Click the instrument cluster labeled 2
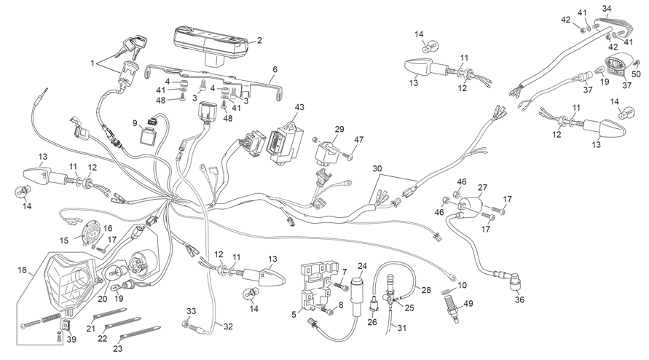coord(211,44)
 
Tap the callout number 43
coord(299,107)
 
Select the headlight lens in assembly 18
coord(69,283)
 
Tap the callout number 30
coord(377,169)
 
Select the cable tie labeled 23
coord(139,330)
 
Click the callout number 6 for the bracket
coord(275,70)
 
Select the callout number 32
coord(229,326)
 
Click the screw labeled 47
coord(347,156)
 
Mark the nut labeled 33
coord(185,323)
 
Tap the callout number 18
coord(23,270)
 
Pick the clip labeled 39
coord(66,325)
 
